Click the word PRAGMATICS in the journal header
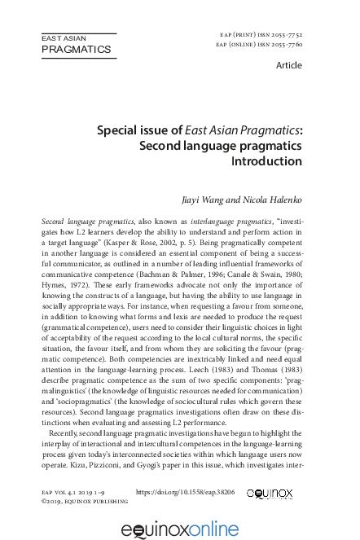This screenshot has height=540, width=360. click(76, 50)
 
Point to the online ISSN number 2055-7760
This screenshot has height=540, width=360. click(286, 45)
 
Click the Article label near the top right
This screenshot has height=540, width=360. click(289, 65)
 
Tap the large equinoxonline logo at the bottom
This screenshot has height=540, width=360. click(179, 529)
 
